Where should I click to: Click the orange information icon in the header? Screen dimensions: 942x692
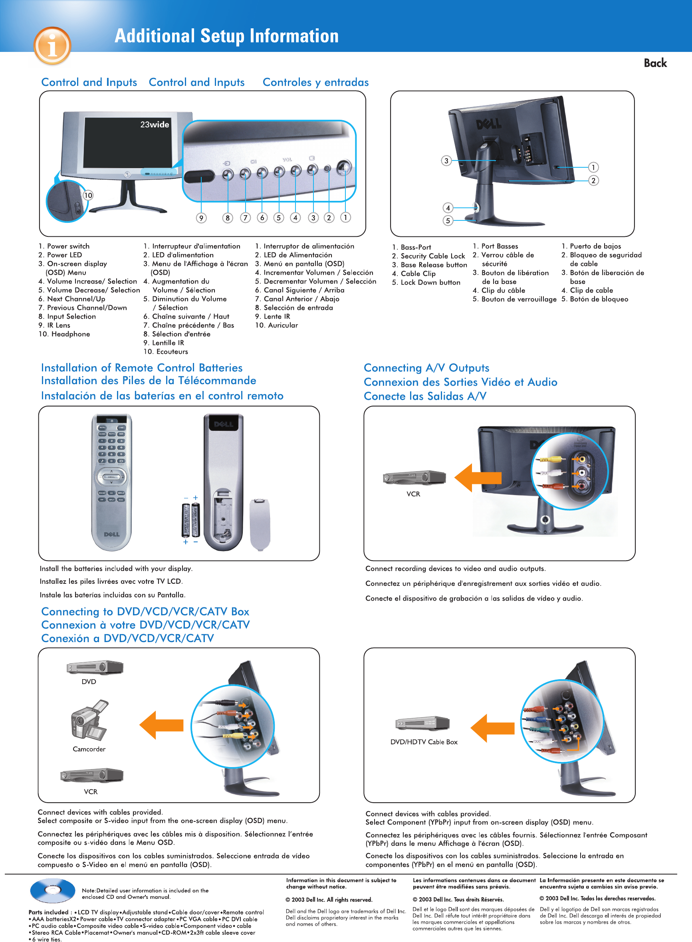52,46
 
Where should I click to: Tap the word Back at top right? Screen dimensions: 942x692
655,63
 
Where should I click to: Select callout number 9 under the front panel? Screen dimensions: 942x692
202,218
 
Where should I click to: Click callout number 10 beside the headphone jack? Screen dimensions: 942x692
88,195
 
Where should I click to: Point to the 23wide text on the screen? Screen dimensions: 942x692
155,125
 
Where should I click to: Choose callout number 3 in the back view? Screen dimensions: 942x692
446,161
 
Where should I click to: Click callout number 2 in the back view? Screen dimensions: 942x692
593,180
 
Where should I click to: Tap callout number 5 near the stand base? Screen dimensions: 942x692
448,220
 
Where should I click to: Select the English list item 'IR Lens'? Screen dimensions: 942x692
58,325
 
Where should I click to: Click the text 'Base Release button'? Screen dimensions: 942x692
434,265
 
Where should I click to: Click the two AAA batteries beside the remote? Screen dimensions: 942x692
191,520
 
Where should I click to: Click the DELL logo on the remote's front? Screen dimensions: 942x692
112,534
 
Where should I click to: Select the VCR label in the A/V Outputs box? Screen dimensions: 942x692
413,494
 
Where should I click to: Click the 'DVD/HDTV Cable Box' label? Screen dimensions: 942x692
424,742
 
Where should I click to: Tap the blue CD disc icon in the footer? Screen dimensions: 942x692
52,890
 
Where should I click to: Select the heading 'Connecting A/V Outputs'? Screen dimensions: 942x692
426,368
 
